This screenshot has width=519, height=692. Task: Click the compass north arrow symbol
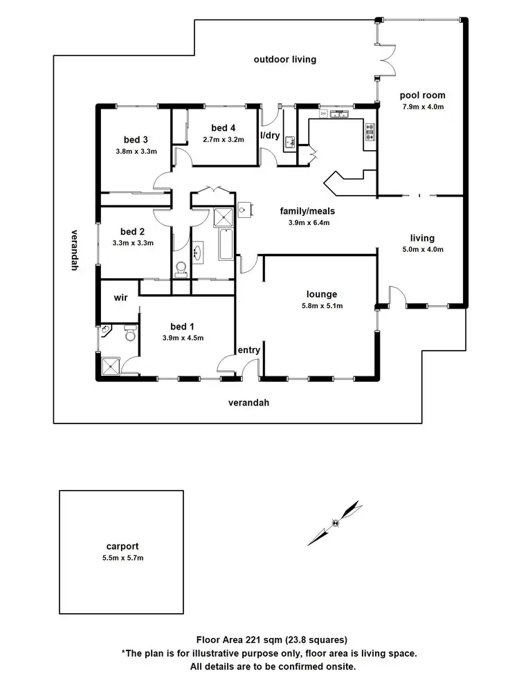(336, 522)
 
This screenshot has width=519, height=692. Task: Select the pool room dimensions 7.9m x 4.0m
(422, 107)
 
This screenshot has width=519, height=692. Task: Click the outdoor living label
(284, 60)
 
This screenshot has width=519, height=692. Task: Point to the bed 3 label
(136, 138)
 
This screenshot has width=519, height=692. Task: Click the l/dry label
(269, 136)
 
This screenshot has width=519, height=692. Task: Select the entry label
(248, 350)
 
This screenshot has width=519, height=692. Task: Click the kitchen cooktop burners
(369, 132)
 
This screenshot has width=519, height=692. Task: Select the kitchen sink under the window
(341, 114)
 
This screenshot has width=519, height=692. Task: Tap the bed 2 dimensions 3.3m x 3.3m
(132, 243)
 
